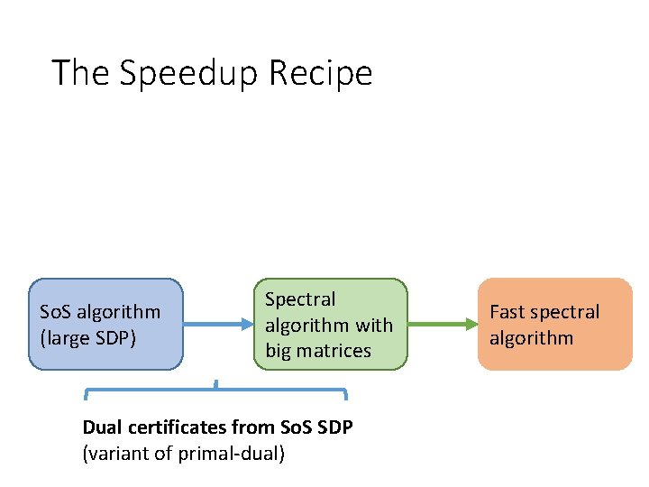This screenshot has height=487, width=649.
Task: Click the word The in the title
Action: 80,73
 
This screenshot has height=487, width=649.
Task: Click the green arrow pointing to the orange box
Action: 441,324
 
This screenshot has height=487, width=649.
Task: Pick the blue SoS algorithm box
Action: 105,324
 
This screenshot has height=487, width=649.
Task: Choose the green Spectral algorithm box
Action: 330,324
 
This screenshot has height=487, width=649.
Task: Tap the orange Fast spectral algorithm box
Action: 554,324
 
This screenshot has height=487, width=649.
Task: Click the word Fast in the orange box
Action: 507,312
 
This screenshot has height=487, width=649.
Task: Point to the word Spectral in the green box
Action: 300,299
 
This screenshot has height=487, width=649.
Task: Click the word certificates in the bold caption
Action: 175,427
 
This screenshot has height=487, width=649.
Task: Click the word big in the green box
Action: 279,351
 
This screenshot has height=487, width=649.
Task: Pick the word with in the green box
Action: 375,325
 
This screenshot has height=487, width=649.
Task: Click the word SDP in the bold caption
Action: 333,427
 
